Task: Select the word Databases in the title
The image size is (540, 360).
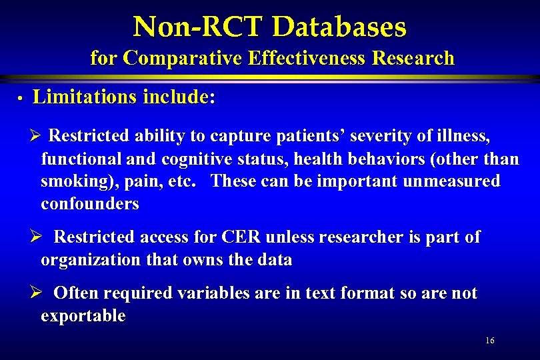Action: point(339,27)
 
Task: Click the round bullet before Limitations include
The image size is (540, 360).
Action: point(21,99)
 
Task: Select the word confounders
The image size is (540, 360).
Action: point(90,204)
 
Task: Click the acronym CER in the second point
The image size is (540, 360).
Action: point(241,237)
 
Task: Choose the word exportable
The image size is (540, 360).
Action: point(83,316)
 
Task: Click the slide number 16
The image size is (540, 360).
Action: point(490,341)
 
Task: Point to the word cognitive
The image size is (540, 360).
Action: point(187,159)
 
